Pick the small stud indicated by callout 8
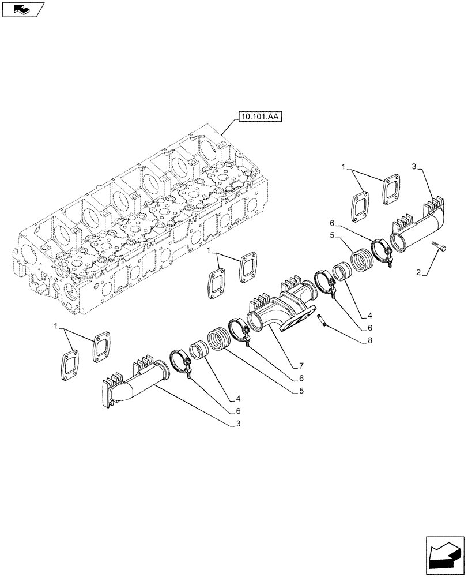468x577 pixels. [x=322, y=320]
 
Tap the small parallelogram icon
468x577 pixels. [x=23, y=9]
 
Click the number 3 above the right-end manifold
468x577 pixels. [x=414, y=167]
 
